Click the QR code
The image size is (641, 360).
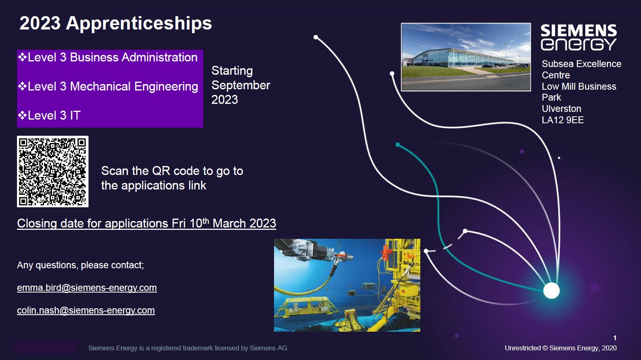[x=53, y=171]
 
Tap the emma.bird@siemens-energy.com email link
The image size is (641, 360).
[x=87, y=288]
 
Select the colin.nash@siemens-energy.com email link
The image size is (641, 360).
[x=86, y=310]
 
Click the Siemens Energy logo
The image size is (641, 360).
[x=579, y=38]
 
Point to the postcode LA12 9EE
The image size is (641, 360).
[x=563, y=120]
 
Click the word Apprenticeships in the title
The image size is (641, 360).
[x=139, y=23]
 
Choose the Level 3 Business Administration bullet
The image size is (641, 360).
[x=108, y=57]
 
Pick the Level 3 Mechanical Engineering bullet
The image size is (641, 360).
[x=108, y=86]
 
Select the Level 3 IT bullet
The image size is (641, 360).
[x=49, y=116]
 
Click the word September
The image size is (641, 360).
[x=240, y=85]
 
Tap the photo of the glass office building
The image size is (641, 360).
[x=466, y=57]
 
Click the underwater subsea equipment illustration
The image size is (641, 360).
[x=347, y=285]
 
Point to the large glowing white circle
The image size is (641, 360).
[x=551, y=291]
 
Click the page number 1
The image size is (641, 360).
[x=615, y=338]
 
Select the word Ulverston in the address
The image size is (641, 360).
[x=561, y=109]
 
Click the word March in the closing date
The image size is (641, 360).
[x=229, y=223]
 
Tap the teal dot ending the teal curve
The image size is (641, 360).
[x=398, y=145]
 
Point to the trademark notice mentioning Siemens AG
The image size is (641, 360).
[x=189, y=348]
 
